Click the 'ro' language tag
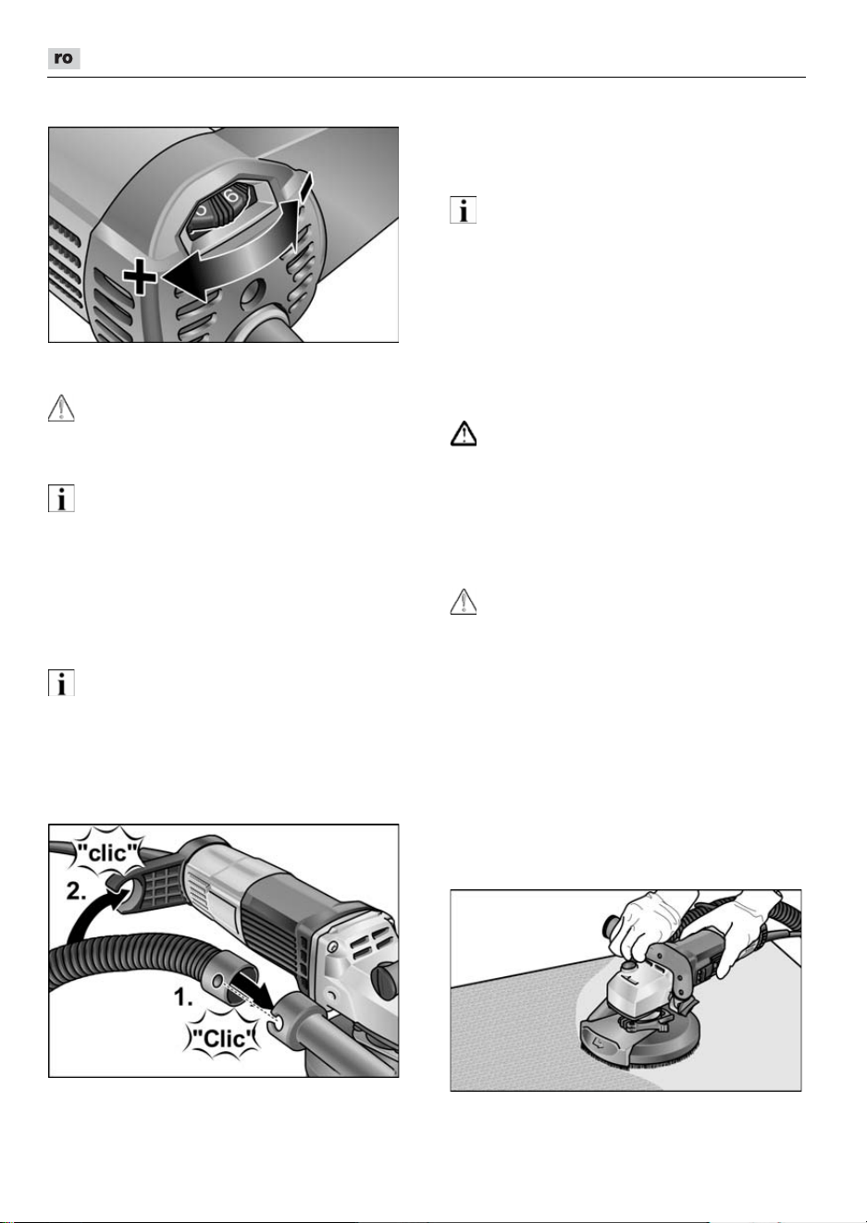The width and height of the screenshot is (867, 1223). (x=64, y=58)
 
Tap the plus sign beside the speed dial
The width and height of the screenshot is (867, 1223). (x=140, y=276)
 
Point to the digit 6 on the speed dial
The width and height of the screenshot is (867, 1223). (x=231, y=195)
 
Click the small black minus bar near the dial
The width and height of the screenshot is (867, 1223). (x=306, y=185)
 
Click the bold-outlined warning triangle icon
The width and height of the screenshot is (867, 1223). (x=464, y=434)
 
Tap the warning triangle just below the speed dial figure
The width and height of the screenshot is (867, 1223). (x=61, y=408)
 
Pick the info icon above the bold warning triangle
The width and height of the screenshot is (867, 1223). (x=463, y=210)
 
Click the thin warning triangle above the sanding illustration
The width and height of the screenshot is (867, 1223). (x=464, y=602)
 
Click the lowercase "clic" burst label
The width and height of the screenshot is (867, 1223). (x=108, y=852)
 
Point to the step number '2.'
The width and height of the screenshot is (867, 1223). (x=77, y=891)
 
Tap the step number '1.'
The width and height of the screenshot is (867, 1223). (x=183, y=997)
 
